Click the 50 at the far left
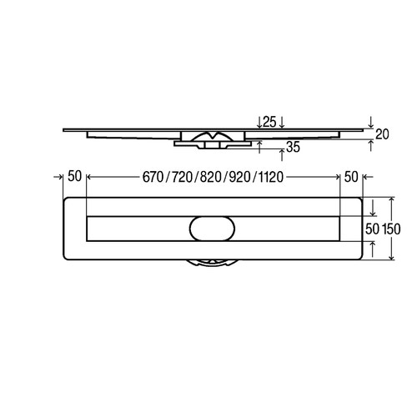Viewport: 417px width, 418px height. point(74,178)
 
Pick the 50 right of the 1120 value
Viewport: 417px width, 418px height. point(349,178)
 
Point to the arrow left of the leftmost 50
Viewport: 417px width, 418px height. point(59,178)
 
